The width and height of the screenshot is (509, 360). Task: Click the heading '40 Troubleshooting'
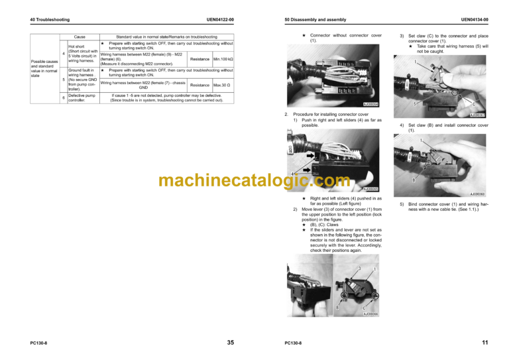pyautogui.click(x=50, y=21)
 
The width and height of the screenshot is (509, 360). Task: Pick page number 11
pyautogui.click(x=486, y=342)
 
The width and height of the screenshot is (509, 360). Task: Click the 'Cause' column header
pyautogui.click(x=80, y=36)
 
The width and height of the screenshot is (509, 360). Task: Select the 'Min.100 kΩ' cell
pyautogui.click(x=222, y=59)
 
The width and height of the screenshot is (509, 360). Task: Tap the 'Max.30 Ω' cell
pyautogui.click(x=222, y=85)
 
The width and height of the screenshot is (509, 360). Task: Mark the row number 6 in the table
pyautogui.click(x=63, y=98)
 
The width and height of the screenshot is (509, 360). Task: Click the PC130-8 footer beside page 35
pyautogui.click(x=37, y=343)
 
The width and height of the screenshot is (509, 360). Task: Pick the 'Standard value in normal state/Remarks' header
pyautogui.click(x=166, y=36)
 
